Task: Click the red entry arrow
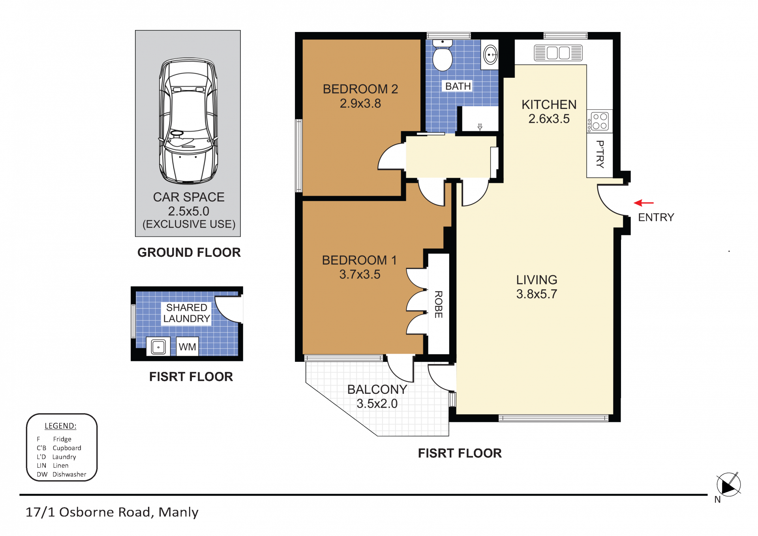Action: (x=644, y=203)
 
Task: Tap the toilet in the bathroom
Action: (x=443, y=55)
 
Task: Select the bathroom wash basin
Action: (x=490, y=54)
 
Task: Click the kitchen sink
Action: (x=558, y=53)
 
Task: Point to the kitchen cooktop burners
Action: (x=599, y=122)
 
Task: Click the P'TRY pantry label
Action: (x=600, y=154)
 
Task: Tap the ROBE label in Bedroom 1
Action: (x=439, y=304)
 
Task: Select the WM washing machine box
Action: (x=187, y=346)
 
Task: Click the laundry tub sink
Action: (x=158, y=346)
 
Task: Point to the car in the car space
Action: (x=188, y=121)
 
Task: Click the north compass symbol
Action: (x=728, y=484)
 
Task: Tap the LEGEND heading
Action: (x=60, y=426)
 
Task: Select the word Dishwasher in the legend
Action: (x=69, y=474)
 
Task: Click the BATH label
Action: (x=458, y=86)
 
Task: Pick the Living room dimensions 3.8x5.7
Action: (x=537, y=294)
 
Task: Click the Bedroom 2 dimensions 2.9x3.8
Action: (x=360, y=103)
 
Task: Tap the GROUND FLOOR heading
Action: (x=189, y=252)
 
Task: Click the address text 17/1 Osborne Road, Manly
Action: (x=112, y=512)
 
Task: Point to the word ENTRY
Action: (x=656, y=217)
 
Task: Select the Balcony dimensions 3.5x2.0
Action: (x=377, y=404)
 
